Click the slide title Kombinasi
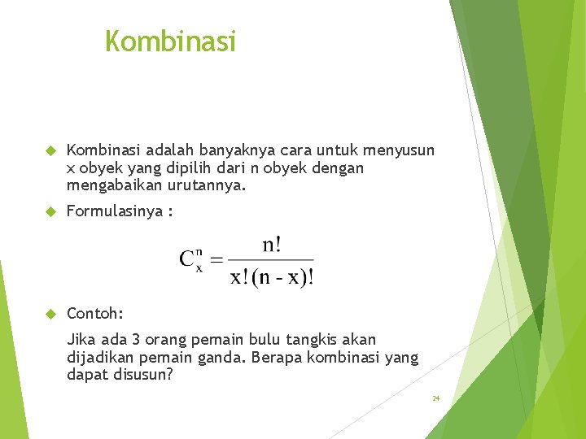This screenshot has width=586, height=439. tap(170, 41)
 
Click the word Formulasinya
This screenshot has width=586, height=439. tap(115, 211)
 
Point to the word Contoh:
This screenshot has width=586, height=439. tap(95, 313)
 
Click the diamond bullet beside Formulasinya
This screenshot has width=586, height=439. tap(49, 211)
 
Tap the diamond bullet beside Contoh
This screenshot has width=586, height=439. tap(49, 313)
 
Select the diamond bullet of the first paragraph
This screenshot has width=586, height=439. tap(49, 150)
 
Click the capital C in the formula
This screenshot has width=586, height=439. tap(188, 260)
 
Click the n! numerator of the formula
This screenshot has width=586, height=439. tap(272, 245)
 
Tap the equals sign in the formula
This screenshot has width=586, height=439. tap(216, 261)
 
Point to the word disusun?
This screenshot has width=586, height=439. tap(142, 376)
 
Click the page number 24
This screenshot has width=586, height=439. tap(435, 398)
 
